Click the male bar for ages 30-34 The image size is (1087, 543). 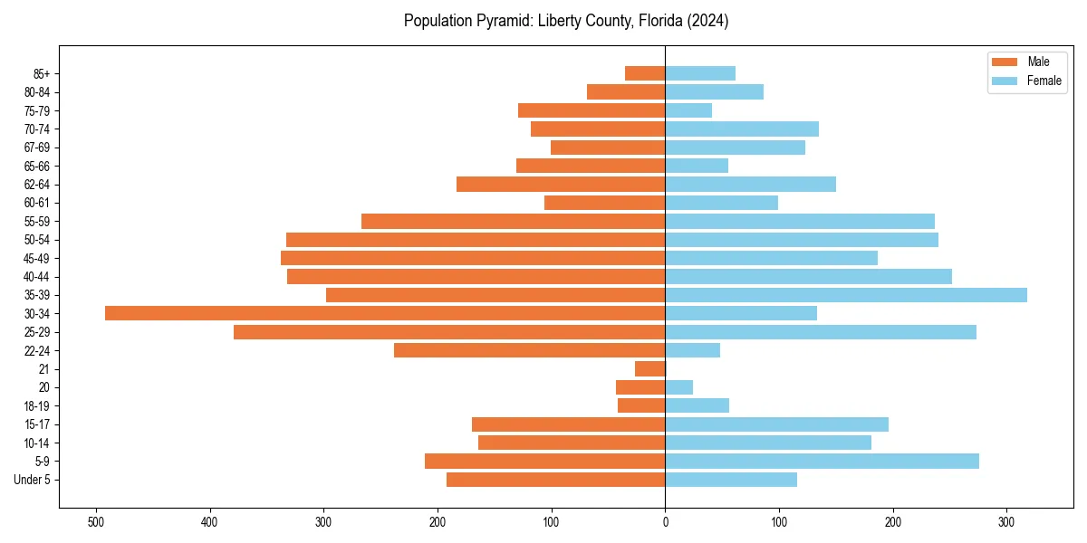click(x=385, y=313)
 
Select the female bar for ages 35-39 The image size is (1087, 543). click(x=846, y=295)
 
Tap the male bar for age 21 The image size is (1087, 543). click(x=650, y=369)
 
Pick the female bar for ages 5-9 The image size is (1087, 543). click(x=822, y=462)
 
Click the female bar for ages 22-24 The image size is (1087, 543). click(x=693, y=350)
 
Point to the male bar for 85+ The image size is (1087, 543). click(x=645, y=73)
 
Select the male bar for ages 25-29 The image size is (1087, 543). click(x=449, y=332)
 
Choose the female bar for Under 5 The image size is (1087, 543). click(x=731, y=480)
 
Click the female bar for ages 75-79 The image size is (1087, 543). click(x=688, y=110)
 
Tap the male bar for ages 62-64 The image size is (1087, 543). click(x=561, y=185)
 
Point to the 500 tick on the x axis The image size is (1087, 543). click(x=96, y=522)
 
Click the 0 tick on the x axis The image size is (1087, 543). click(x=666, y=522)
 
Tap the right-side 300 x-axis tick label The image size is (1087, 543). click(x=1006, y=522)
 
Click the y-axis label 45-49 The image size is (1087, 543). click(x=36, y=258)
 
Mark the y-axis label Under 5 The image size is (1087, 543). click(x=32, y=480)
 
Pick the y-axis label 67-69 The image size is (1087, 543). click(x=36, y=148)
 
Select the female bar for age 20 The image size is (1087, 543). click(x=679, y=387)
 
